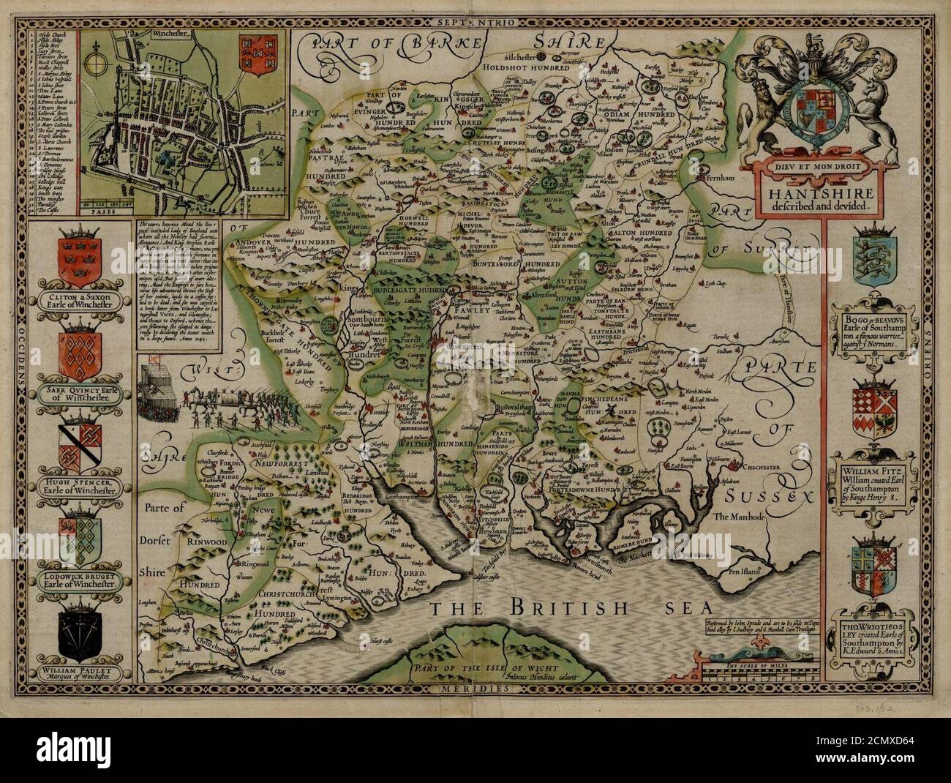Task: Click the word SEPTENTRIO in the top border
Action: click(x=475, y=23)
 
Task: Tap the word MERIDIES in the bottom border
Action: click(x=475, y=689)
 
